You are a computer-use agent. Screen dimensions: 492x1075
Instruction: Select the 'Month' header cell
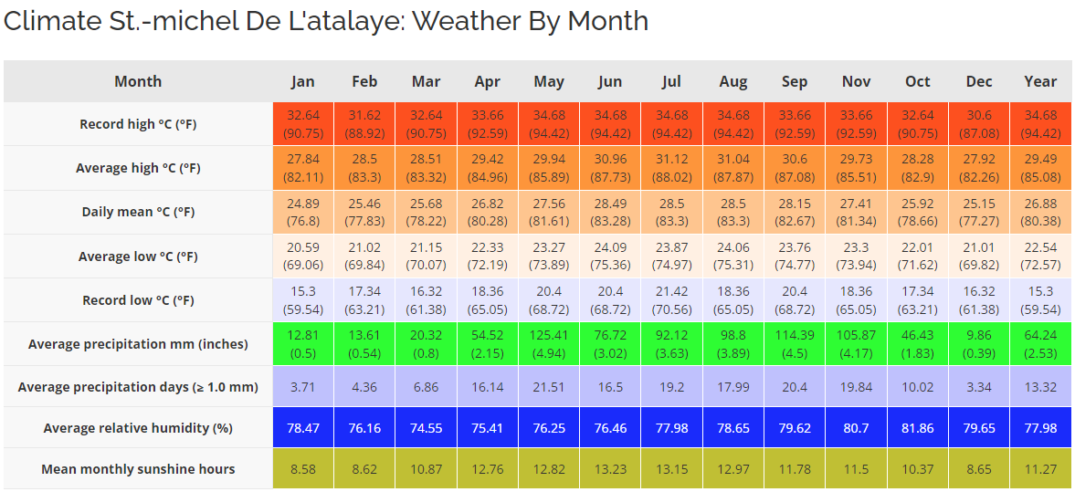[x=138, y=81]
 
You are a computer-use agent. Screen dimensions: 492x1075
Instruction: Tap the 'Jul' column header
[x=671, y=81]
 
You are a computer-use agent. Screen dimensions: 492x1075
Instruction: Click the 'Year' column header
[x=1040, y=81]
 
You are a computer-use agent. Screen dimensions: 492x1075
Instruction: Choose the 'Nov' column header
[x=856, y=81]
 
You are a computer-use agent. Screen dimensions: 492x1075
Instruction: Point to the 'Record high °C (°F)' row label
[x=138, y=124]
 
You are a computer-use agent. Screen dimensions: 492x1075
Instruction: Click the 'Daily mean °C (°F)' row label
[x=138, y=212]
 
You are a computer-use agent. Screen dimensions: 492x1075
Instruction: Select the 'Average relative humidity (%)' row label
[x=138, y=428]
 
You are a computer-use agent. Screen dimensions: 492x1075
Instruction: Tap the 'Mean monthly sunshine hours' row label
[x=138, y=469]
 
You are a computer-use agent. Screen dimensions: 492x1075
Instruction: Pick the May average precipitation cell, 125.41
[x=549, y=344]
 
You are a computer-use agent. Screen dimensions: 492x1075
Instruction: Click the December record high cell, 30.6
[x=979, y=124]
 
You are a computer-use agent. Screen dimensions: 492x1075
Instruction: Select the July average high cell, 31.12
[x=671, y=168]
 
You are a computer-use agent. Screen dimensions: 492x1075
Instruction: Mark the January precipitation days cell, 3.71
[x=302, y=387]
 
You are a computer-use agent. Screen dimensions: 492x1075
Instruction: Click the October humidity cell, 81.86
[x=918, y=428]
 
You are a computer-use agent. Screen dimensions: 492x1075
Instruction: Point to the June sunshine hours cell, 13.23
[x=610, y=469]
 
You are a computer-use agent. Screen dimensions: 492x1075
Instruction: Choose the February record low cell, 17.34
[x=364, y=300]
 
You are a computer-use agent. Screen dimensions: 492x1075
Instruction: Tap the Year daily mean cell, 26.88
[x=1040, y=212]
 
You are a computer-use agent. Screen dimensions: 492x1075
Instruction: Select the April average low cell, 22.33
[x=488, y=256]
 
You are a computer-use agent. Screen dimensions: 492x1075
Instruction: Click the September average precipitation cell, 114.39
[x=795, y=344]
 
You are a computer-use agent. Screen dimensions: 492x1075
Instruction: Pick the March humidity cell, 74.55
[x=426, y=428]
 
